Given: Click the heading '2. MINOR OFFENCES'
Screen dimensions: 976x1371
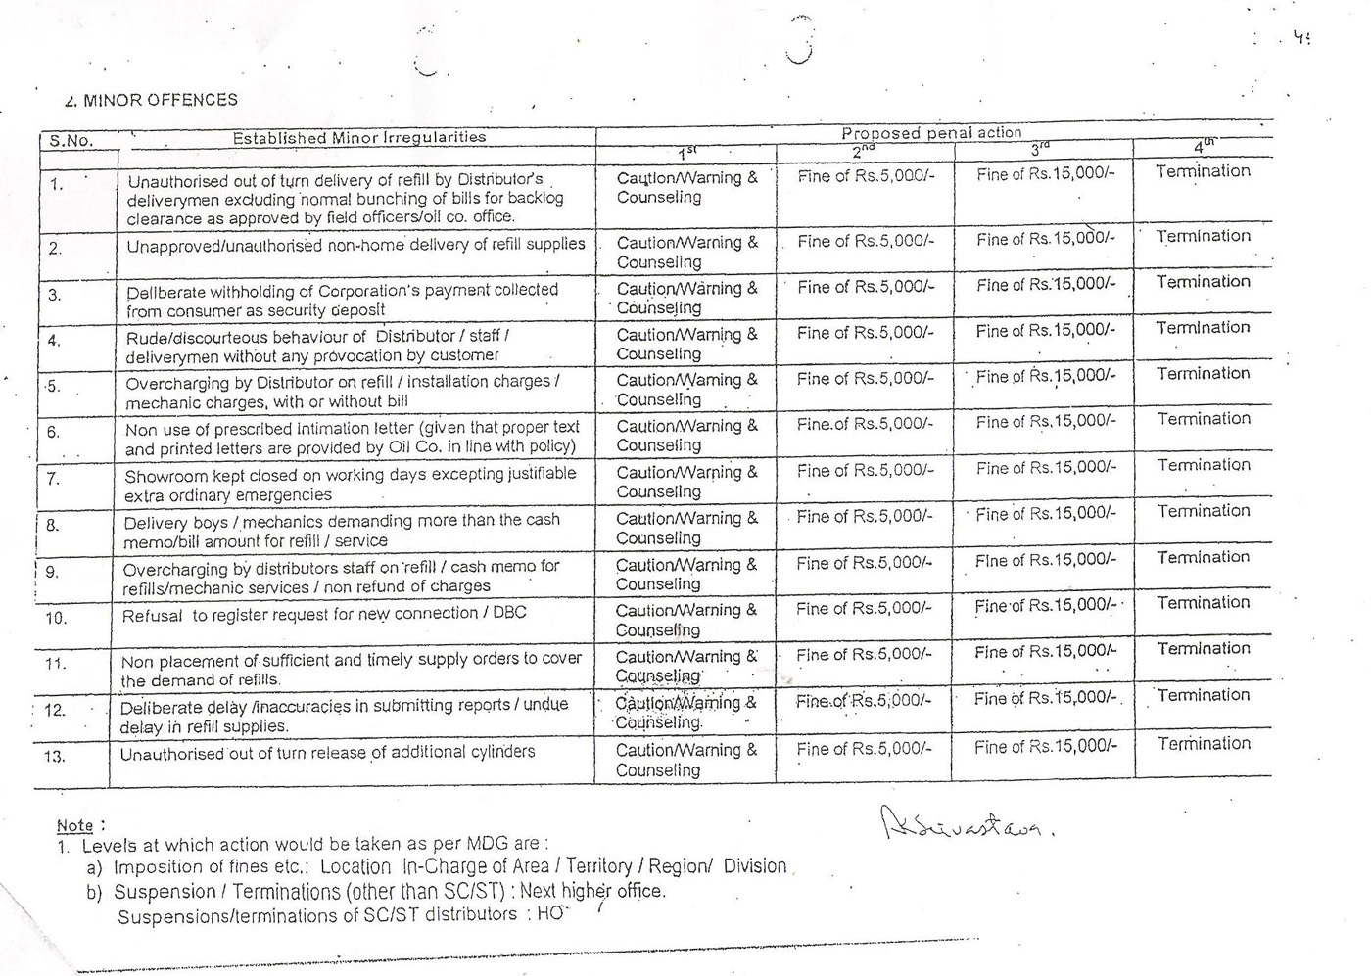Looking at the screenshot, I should click(x=151, y=100).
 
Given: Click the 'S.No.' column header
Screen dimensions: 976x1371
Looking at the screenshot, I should click(x=71, y=141).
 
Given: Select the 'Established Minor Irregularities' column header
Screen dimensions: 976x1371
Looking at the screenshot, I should click(x=358, y=138).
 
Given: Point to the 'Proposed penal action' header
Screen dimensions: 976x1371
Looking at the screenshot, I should click(x=931, y=133).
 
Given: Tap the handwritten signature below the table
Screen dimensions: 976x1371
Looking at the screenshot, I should click(x=966, y=824).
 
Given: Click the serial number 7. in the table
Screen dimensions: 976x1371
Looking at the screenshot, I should click(x=53, y=479).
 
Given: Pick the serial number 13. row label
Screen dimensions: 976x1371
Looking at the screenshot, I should click(x=55, y=756).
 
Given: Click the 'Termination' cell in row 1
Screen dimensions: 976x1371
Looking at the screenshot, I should click(x=1203, y=171).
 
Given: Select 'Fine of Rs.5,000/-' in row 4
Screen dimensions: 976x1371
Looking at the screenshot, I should click(x=866, y=333).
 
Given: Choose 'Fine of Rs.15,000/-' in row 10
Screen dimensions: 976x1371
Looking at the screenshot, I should click(x=1045, y=606).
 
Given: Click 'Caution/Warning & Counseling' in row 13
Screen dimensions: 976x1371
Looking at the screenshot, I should click(x=685, y=760).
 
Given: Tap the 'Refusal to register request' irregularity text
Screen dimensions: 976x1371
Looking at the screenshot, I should click(x=324, y=614).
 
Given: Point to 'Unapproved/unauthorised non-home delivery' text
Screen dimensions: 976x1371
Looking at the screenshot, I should click(x=355, y=245).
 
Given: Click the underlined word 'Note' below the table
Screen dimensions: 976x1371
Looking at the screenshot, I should click(x=74, y=825).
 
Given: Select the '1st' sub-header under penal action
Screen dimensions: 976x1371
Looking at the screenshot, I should click(x=686, y=153).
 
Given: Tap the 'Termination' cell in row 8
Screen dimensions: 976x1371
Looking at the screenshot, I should click(x=1204, y=511).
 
